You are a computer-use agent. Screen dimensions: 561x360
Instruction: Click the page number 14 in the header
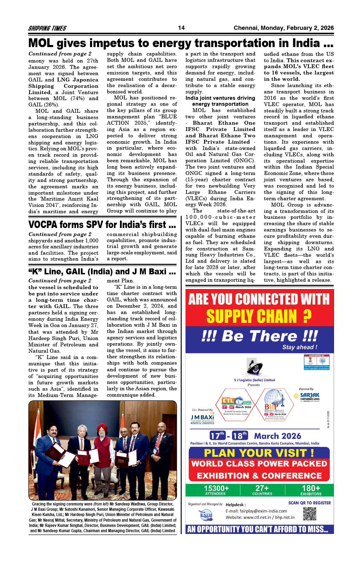click(x=181, y=28)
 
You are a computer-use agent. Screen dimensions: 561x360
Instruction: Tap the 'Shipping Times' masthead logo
click(x=47, y=28)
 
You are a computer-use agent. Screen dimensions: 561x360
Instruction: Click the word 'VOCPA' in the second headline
click(x=43, y=224)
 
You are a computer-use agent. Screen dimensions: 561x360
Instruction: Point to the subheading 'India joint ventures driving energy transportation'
click(x=220, y=101)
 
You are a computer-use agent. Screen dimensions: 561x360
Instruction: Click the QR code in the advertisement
click(x=309, y=514)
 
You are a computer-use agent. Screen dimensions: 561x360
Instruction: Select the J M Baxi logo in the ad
click(x=202, y=419)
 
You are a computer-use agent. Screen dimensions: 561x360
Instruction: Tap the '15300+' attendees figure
click(x=216, y=489)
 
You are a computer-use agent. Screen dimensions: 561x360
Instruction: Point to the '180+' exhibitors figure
click(x=311, y=489)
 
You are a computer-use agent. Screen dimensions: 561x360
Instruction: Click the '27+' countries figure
click(x=262, y=489)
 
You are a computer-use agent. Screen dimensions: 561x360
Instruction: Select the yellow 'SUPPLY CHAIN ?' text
click(x=259, y=317)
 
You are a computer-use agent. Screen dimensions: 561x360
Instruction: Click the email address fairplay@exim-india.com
click(x=256, y=511)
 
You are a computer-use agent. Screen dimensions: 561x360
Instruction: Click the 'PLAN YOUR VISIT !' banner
click(x=259, y=453)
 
